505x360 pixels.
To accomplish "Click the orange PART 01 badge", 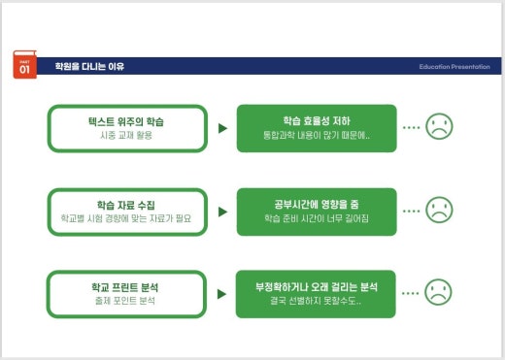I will click(x=24, y=66).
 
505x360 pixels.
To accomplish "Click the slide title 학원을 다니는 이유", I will click(x=89, y=67).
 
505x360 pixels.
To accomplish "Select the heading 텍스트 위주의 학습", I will click(x=127, y=121).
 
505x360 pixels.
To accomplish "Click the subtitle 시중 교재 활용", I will click(x=127, y=135).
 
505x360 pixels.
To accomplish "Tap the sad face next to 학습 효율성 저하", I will click(x=440, y=126).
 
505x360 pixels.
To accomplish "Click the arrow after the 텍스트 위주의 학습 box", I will click(x=222, y=127).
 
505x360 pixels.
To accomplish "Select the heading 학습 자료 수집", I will click(x=127, y=206).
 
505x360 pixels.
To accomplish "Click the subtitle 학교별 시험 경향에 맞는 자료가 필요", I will click(x=127, y=219).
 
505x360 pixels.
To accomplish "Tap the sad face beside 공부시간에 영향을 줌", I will click(x=440, y=209).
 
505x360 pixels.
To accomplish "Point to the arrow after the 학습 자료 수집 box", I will click(x=222, y=211).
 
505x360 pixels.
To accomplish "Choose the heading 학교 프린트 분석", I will click(x=127, y=288).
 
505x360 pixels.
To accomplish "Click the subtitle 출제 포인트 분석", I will click(x=127, y=302).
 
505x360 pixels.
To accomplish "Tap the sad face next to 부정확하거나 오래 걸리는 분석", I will click(x=440, y=291).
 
